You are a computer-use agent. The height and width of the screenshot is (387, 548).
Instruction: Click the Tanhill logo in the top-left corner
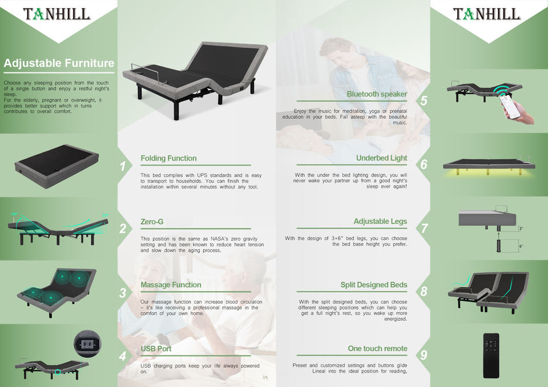pyautogui.click(x=57, y=14)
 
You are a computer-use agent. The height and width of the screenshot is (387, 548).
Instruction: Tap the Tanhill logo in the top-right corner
pyautogui.click(x=487, y=14)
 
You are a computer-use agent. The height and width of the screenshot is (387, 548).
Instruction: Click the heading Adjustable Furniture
pyautogui.click(x=59, y=63)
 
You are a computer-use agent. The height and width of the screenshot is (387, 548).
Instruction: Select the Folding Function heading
pyautogui.click(x=168, y=158)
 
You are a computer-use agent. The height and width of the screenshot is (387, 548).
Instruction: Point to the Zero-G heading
pyautogui.click(x=152, y=221)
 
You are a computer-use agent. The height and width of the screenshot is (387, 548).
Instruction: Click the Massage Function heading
pyautogui.click(x=171, y=285)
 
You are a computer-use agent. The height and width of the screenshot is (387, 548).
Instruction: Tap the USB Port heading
pyautogui.click(x=156, y=349)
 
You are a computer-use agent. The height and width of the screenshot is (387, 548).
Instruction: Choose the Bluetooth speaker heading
pyautogui.click(x=377, y=94)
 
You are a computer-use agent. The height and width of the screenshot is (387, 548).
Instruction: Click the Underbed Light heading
pyautogui.click(x=382, y=158)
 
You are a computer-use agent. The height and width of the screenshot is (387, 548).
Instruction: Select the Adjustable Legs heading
pyautogui.click(x=380, y=221)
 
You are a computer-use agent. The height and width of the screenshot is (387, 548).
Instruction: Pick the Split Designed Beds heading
pyautogui.click(x=374, y=285)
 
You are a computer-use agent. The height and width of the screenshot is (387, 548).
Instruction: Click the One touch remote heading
pyautogui.click(x=377, y=349)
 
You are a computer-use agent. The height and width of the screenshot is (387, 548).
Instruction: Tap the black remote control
pyautogui.click(x=491, y=356)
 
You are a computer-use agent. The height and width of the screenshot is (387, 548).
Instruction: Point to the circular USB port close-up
pyautogui.click(x=87, y=344)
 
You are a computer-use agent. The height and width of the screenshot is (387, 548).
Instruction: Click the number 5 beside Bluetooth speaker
pyautogui.click(x=424, y=100)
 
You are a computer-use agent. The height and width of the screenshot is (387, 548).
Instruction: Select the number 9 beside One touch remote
pyautogui.click(x=424, y=355)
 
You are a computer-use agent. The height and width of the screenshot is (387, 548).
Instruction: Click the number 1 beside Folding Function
pyautogui.click(x=122, y=167)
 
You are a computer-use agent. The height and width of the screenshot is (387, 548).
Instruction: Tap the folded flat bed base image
pyautogui.click(x=57, y=167)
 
